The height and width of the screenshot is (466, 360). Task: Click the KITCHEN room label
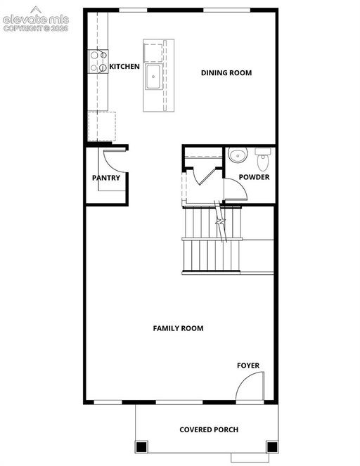click(124, 66)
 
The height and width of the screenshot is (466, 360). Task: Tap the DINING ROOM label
click(226, 73)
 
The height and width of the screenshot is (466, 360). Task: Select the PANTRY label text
click(106, 178)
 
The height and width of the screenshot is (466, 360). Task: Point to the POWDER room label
click(254, 177)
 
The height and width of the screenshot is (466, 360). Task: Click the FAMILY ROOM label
click(178, 328)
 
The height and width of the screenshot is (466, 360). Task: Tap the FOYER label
click(248, 365)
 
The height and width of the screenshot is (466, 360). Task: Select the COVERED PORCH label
click(209, 429)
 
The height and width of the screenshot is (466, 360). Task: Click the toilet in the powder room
click(263, 160)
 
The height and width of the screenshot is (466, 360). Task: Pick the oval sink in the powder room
click(238, 155)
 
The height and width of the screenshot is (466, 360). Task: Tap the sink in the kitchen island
click(153, 77)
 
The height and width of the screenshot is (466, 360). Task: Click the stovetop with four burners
click(98, 62)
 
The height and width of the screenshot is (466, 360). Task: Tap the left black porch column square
click(141, 446)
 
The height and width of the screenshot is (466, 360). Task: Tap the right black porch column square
click(272, 446)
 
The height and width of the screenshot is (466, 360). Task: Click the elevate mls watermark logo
click(36, 19)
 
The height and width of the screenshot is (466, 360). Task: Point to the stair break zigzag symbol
click(220, 221)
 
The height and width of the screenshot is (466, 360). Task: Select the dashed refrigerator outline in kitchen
click(102, 127)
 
